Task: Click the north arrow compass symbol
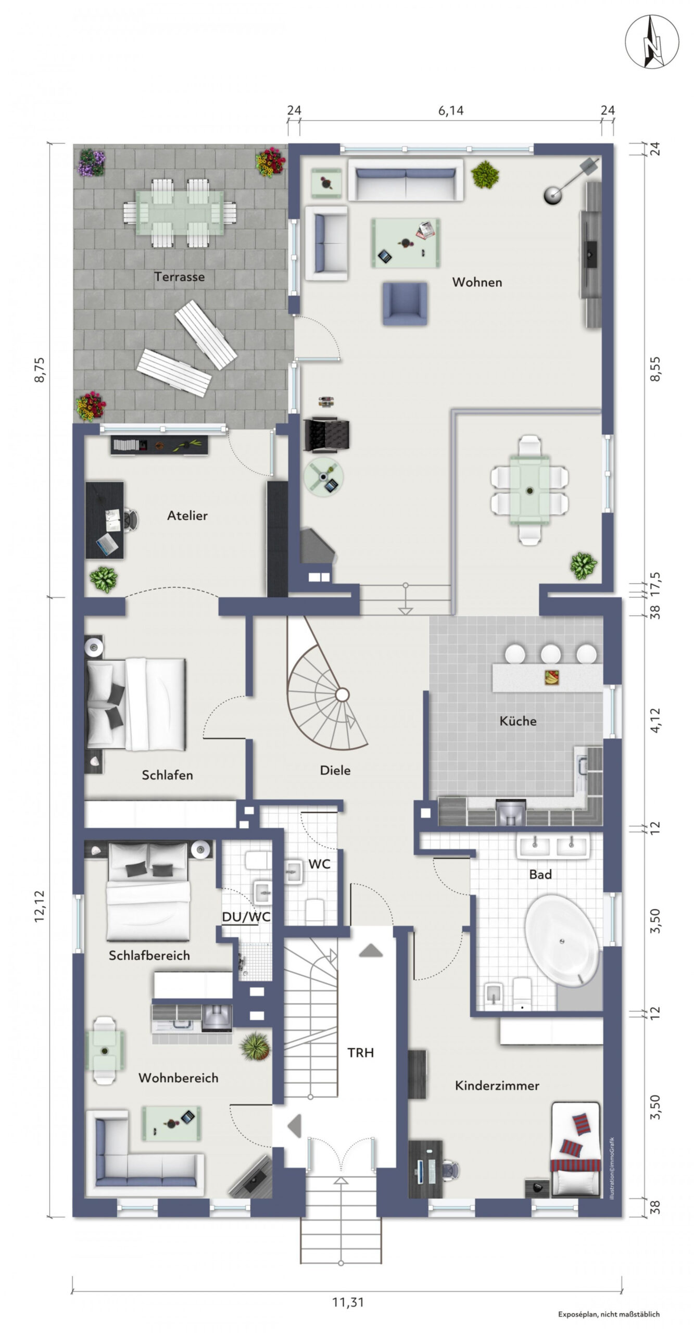click(652, 42)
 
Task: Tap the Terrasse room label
click(179, 276)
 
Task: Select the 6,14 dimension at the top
click(450, 110)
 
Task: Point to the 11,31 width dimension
click(348, 1302)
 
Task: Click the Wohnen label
click(477, 282)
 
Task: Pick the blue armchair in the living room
click(405, 303)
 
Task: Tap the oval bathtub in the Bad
click(562, 941)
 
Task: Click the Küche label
click(518, 721)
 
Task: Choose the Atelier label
click(187, 515)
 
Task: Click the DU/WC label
click(246, 917)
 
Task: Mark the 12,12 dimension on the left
click(40, 907)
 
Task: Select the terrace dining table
click(179, 213)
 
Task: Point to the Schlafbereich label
click(149, 955)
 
